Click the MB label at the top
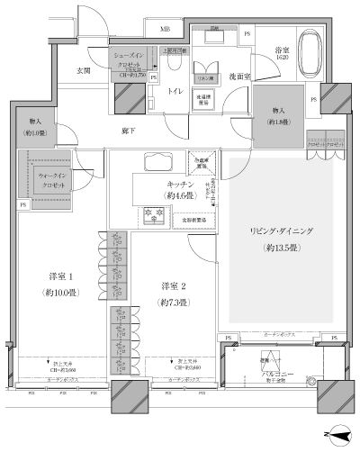pos(165,30)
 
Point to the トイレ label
pos(175,91)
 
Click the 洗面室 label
pos(238,77)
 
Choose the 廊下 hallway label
pos(130,131)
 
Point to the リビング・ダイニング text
pos(282,231)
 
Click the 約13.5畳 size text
pos(282,247)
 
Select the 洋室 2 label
pos(175,285)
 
